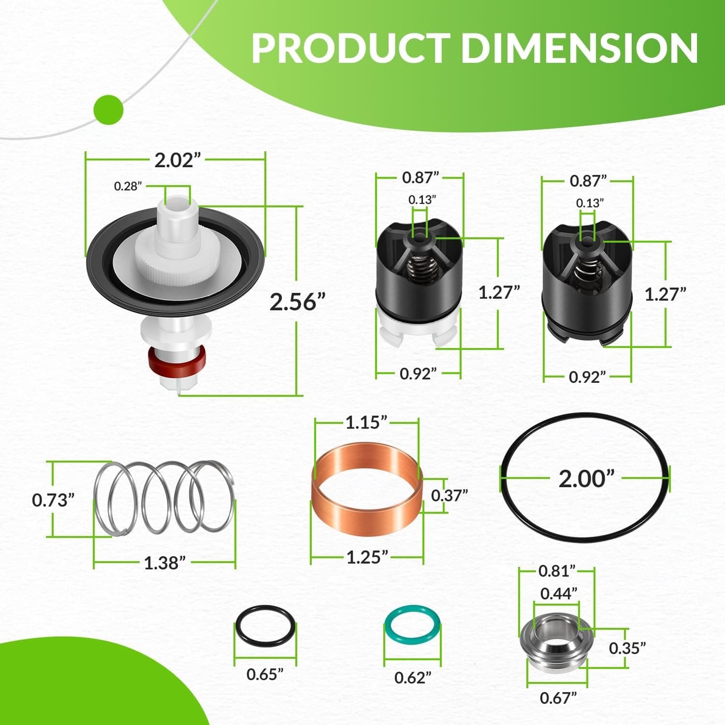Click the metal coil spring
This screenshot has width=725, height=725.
pos(164,497)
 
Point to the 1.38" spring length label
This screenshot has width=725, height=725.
pos(165,563)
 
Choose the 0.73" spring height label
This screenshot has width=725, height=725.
pos(53,500)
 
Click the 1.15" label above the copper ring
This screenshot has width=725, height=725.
pos(367,422)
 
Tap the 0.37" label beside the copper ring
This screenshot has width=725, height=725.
pos(449,495)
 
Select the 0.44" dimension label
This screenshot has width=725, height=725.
pos(559,593)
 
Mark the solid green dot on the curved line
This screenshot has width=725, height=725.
pos(108,110)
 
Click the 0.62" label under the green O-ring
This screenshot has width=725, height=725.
pos(412,678)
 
